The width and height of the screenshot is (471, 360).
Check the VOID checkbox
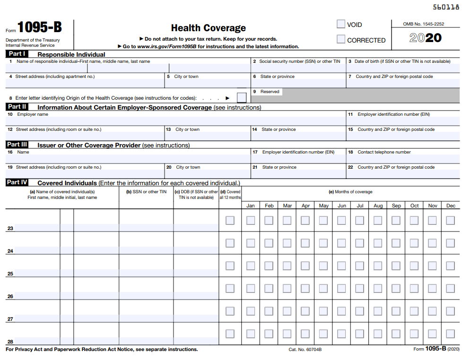coord(340,24)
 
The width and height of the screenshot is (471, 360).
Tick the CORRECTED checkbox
coord(340,40)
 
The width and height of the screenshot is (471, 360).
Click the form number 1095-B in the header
coord(40,27)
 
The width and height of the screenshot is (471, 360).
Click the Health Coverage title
coord(208,28)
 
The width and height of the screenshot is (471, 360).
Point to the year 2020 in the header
coord(425,38)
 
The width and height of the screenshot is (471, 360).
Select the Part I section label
coord(17,54)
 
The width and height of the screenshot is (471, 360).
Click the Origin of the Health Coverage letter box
coord(241,98)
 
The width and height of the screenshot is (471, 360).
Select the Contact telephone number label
coord(384,152)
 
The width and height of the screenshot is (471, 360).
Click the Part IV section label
coord(17,182)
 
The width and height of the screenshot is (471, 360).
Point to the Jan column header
coord(251,206)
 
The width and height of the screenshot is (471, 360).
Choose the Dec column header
coord(451,206)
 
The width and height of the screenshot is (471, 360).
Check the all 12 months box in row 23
coord(230,220)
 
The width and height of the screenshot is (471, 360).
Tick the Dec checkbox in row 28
coord(451,334)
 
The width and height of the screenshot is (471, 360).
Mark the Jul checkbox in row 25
coord(360,266)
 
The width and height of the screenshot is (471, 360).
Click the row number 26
coord(10,296)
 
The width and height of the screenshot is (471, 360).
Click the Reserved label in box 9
coord(270,92)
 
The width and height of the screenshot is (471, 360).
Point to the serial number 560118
coord(446,7)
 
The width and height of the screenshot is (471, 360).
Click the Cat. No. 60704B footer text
coord(305,350)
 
